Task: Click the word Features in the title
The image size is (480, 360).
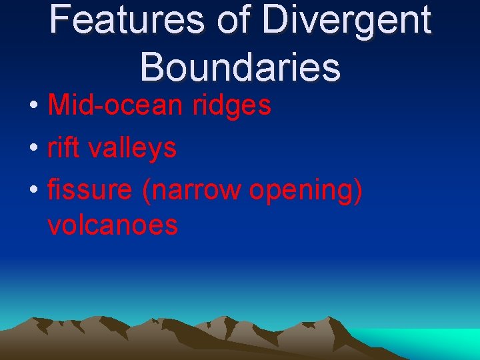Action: click(x=126, y=20)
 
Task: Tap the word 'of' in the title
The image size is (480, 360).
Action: click(x=233, y=20)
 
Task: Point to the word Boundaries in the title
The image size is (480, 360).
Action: click(x=241, y=67)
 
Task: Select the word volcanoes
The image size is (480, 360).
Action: click(x=113, y=225)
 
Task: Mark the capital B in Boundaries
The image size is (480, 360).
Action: click(x=151, y=67)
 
